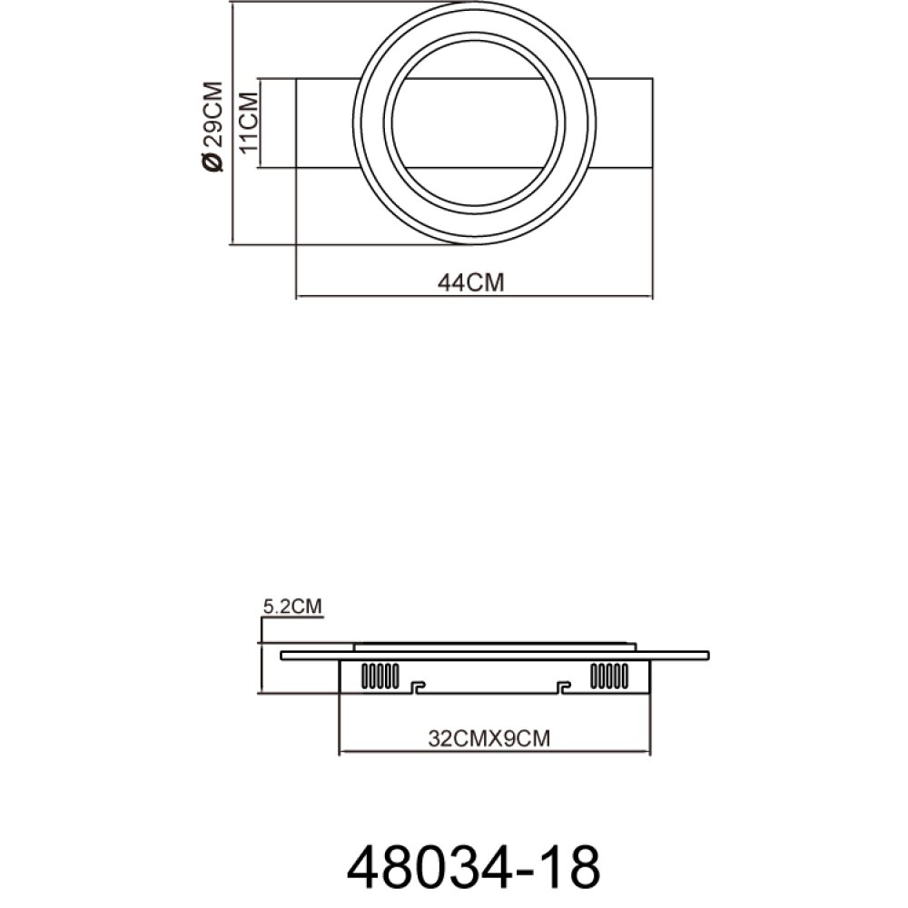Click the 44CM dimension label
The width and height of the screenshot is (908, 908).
[x=470, y=282]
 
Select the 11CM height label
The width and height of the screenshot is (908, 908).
[x=250, y=123]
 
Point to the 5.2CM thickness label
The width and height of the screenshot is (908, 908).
[x=292, y=607]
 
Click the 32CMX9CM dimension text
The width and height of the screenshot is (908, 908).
[x=489, y=738]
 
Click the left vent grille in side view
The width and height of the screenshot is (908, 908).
[x=380, y=676]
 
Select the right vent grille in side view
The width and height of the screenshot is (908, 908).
[x=609, y=676]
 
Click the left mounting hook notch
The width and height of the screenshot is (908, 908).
[x=417, y=687]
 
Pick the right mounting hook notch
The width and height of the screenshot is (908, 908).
[x=563, y=687]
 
